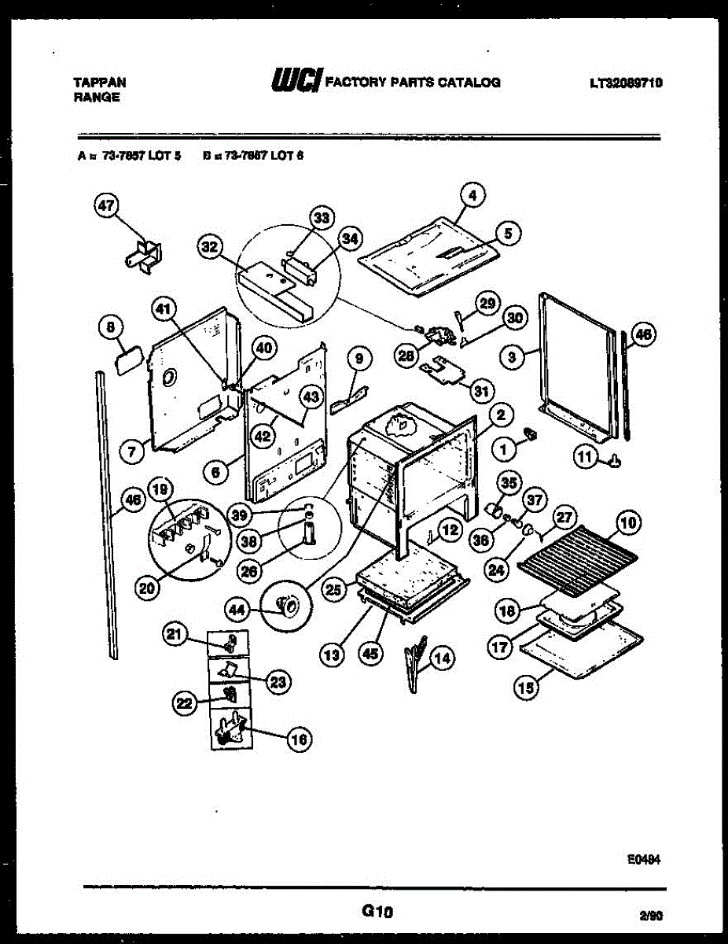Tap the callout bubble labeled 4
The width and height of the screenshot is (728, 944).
tap(473, 194)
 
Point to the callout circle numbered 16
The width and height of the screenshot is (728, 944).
tap(299, 739)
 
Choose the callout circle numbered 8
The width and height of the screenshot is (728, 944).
tap(111, 329)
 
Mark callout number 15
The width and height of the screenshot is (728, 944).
tap(525, 687)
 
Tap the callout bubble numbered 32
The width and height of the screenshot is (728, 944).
tap(209, 249)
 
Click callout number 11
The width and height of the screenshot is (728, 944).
tap(585, 457)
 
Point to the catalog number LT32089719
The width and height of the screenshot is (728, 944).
tap(625, 82)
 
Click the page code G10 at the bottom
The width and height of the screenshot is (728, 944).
tap(377, 913)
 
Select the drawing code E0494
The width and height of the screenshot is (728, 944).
tap(643, 861)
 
